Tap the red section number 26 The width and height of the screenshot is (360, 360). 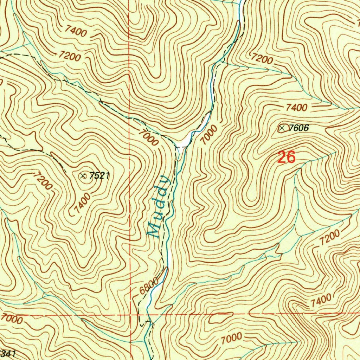287,157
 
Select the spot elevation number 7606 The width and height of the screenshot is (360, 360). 298,128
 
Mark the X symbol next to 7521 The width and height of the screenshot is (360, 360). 83,175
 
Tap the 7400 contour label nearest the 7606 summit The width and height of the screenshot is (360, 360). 296,108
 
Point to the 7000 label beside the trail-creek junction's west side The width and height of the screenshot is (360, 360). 148,137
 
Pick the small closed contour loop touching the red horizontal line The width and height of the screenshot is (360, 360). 218,318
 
